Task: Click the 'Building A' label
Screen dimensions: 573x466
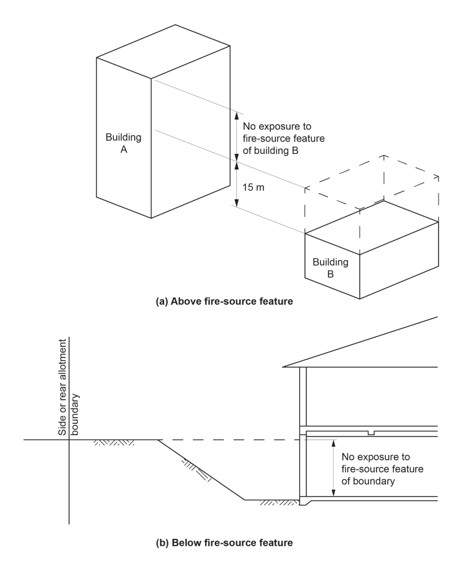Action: coord(124,143)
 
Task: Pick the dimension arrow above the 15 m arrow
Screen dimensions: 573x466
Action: coord(236,135)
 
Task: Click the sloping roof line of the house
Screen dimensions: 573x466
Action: coord(367,341)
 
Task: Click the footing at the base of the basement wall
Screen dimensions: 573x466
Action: coord(304,502)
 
